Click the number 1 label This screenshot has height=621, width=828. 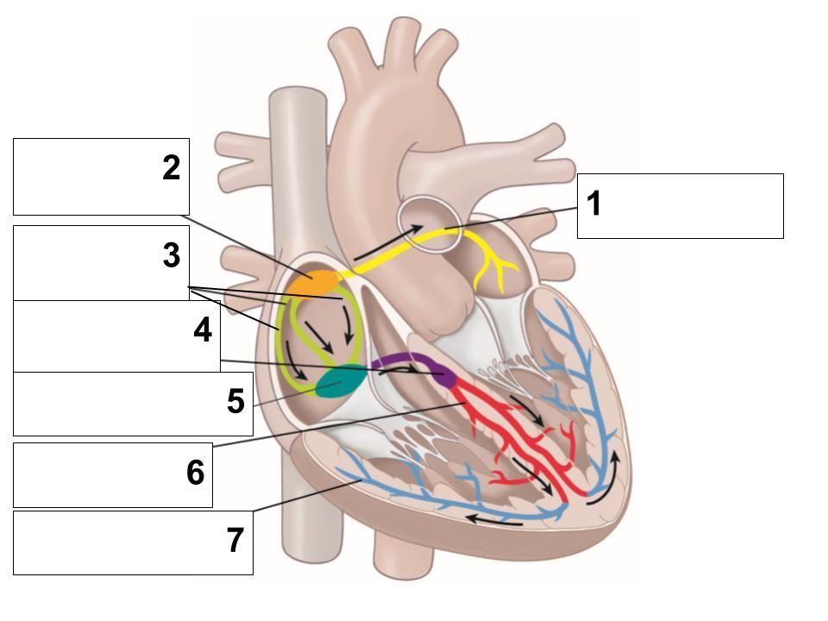pos(593,204)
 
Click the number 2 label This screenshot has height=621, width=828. pos(172,168)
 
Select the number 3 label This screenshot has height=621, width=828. pos(172,255)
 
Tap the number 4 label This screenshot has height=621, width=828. pos(203,330)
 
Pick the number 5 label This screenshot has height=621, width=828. pos(235,402)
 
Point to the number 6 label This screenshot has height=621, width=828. pos(195,473)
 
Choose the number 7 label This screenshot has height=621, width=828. pos(235,541)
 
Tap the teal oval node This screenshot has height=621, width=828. pos(341,380)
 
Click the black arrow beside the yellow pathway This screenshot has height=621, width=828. pos(388,241)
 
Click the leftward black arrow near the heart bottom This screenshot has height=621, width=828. pos(494,520)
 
